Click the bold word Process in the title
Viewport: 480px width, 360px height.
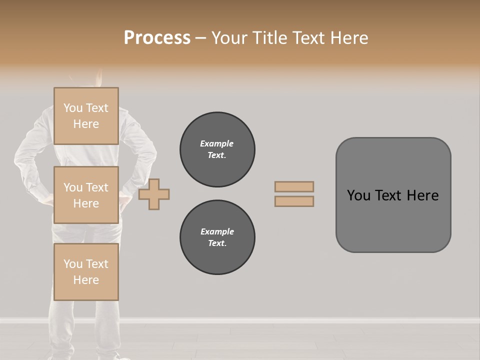tap(157, 38)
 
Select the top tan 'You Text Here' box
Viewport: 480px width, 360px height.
tap(86, 116)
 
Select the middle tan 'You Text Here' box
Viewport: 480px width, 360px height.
tap(86, 195)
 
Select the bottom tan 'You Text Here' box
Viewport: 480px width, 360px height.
tap(86, 272)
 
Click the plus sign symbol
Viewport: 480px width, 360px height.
tap(154, 194)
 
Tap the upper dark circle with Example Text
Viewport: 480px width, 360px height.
tap(217, 149)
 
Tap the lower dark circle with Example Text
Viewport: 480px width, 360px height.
tap(217, 237)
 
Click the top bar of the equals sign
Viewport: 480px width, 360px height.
tap(294, 186)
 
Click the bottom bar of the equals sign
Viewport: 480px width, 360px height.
tap(294, 201)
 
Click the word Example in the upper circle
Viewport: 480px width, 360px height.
tap(217, 143)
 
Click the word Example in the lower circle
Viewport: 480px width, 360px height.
tap(217, 231)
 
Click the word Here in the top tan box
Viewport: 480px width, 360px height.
tap(86, 124)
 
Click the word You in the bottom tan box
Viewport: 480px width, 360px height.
tap(73, 264)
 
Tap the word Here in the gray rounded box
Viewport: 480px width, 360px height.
tap(422, 195)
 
